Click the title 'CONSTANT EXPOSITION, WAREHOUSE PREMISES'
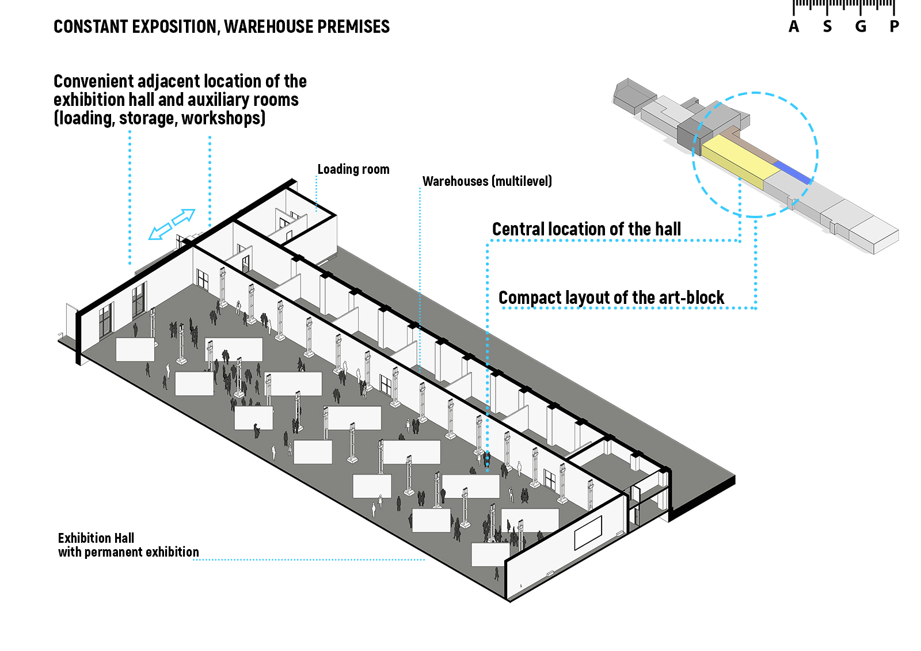click(x=222, y=26)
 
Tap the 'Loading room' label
click(x=353, y=169)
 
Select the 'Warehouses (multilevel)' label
click(x=487, y=181)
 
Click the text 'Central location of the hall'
click(x=586, y=229)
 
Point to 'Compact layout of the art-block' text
click(x=611, y=298)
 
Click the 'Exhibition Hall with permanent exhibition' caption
click(x=128, y=545)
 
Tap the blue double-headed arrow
click(x=172, y=224)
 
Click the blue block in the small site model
click(x=793, y=172)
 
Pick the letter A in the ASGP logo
click(x=794, y=26)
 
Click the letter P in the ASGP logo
click(x=894, y=26)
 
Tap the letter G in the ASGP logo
click(x=861, y=26)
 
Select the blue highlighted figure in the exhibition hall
click(x=487, y=459)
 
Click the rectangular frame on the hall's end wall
click(x=588, y=532)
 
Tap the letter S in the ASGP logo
click(x=827, y=26)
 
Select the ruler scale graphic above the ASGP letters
click(x=844, y=6)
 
